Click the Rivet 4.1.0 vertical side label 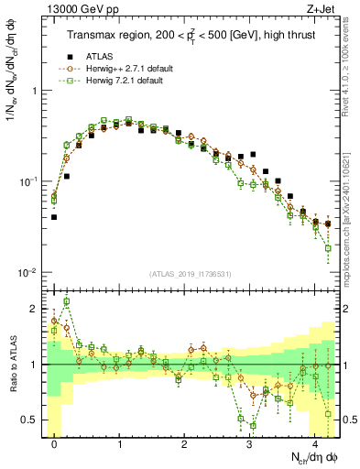tap(351, 64)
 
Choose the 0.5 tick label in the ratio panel tap(31, 420)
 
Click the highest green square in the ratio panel tap(66, 301)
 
